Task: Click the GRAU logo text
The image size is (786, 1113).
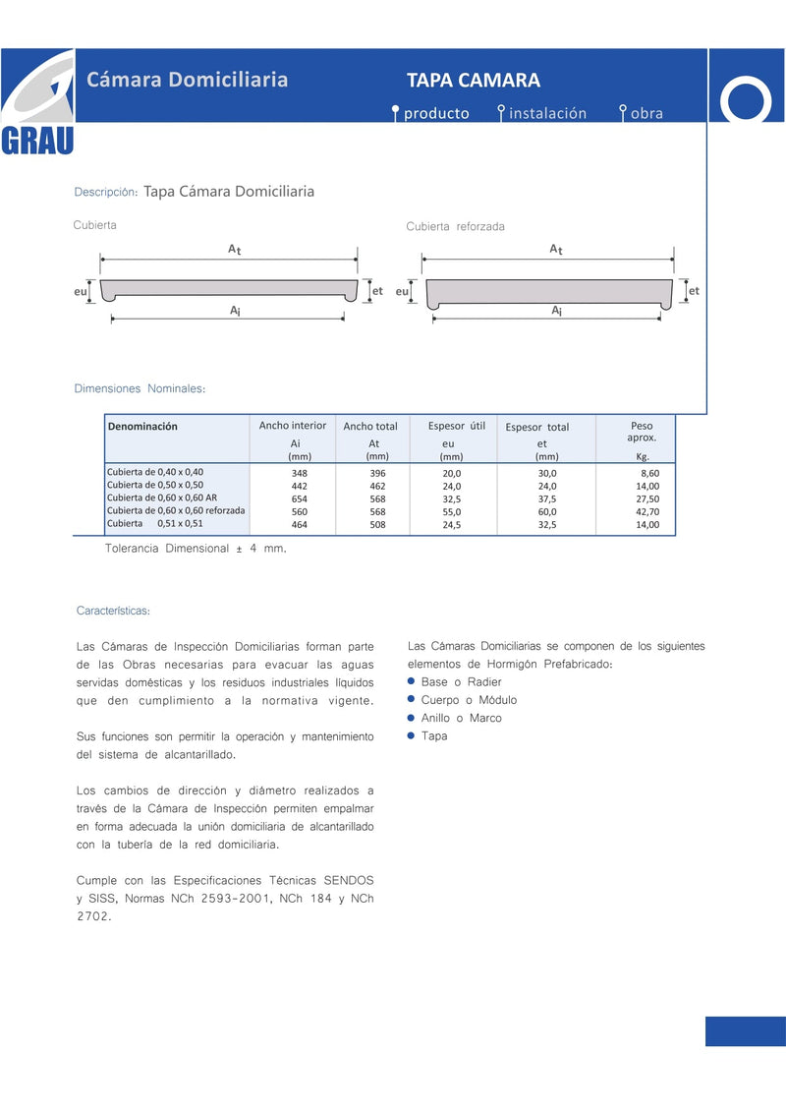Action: coord(37,142)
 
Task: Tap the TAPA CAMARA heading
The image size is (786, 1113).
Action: coord(474,81)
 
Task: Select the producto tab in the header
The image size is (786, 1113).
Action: coord(436,113)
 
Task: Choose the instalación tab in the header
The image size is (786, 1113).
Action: coord(547,113)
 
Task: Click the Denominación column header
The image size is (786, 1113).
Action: coord(142,427)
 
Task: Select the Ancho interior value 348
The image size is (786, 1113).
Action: coord(300,473)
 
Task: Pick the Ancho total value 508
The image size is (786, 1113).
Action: coord(377,525)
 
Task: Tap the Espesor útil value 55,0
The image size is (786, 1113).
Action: coord(452,512)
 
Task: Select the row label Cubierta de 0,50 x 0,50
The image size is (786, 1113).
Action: coord(155,486)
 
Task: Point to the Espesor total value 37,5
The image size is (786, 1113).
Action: coord(547,498)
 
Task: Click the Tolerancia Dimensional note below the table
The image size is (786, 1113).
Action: coord(196,548)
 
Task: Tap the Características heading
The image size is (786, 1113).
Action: coord(113,612)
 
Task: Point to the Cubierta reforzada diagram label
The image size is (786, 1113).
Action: coord(455,227)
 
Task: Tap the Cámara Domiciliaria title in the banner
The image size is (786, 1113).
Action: coord(187,80)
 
